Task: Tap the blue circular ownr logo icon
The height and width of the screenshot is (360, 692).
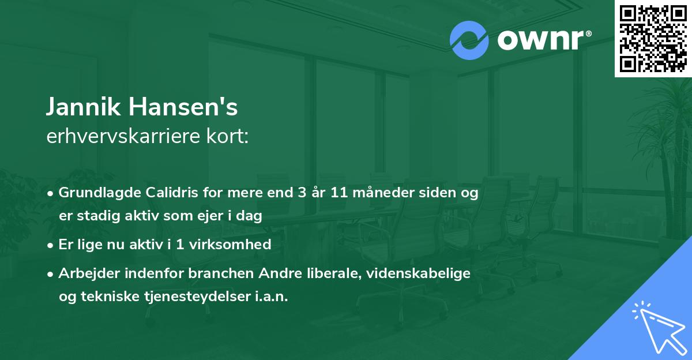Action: (x=469, y=40)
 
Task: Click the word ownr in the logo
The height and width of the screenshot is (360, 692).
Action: (x=543, y=40)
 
